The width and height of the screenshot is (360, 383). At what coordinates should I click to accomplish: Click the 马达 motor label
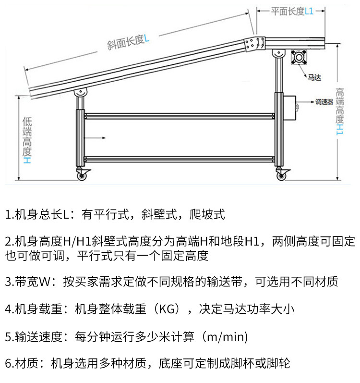pos(314,78)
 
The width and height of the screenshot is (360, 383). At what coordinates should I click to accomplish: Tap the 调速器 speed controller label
pos(324,102)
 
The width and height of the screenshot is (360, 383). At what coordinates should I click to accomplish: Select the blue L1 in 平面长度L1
pos(309,11)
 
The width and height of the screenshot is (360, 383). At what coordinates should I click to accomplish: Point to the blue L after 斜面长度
pos(146,38)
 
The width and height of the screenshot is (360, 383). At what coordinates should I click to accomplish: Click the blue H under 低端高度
pos(27,160)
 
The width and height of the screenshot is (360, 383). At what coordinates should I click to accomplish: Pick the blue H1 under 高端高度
pos(340,130)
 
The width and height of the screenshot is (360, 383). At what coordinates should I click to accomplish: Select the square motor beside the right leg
pos(299,57)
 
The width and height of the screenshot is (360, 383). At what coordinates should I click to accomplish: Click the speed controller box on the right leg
pos(290,108)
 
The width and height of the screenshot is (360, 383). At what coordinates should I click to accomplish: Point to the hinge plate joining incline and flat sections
pos(255,44)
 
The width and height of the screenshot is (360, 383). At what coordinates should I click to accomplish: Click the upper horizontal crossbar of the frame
pos(180,116)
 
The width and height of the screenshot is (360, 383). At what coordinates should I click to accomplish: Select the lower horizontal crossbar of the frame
pos(180,159)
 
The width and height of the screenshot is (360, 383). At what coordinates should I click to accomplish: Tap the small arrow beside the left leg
pos(95,138)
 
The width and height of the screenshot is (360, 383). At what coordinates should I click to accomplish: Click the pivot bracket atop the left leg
pos(81,92)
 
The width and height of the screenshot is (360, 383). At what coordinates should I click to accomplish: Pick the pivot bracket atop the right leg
pos(279,53)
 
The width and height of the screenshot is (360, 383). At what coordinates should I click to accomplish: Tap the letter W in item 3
pos(44,282)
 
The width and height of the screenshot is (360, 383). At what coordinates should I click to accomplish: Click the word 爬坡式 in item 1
pos(207,214)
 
